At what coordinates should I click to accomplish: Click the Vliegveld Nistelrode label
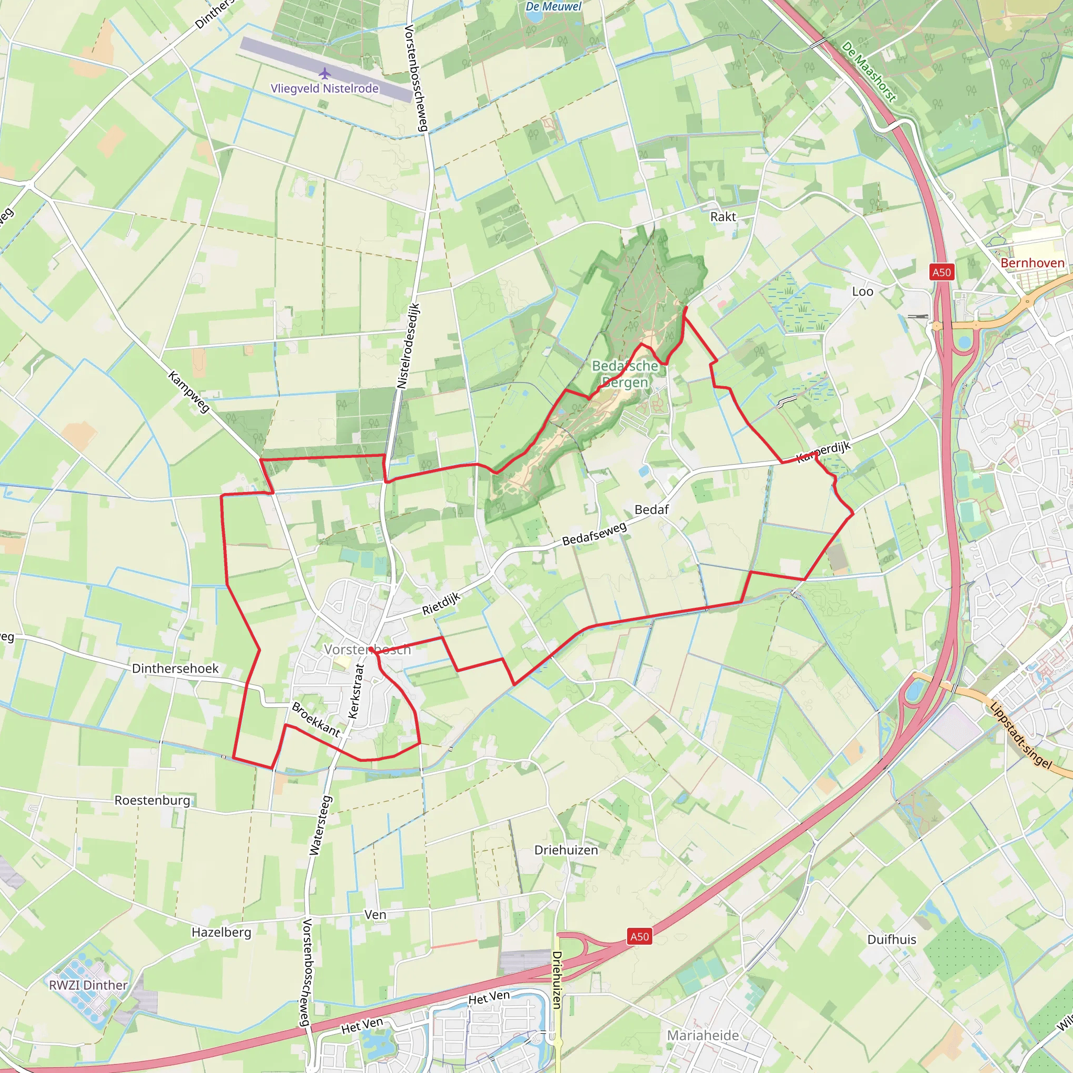pyautogui.click(x=324, y=89)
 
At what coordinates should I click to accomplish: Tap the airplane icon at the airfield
pyautogui.click(x=324, y=73)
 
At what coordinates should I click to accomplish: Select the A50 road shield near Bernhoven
pyautogui.click(x=941, y=272)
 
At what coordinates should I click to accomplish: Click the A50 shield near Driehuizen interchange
pyautogui.click(x=639, y=936)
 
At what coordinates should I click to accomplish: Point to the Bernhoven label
pyautogui.click(x=1032, y=262)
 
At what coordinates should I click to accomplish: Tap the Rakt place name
pyautogui.click(x=722, y=216)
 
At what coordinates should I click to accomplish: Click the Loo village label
pyautogui.click(x=862, y=292)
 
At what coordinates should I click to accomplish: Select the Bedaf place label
pyautogui.click(x=651, y=509)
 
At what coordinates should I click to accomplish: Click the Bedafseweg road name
pyautogui.click(x=594, y=533)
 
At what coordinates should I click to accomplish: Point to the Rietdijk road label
pyautogui.click(x=442, y=603)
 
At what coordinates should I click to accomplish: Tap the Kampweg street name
pyautogui.click(x=189, y=392)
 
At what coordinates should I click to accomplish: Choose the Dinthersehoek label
pyautogui.click(x=175, y=668)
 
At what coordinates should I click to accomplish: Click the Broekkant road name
pyautogui.click(x=315, y=719)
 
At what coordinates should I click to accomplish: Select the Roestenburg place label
pyautogui.click(x=152, y=801)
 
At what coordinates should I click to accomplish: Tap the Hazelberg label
pyautogui.click(x=221, y=932)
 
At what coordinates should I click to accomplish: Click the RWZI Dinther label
pyautogui.click(x=89, y=984)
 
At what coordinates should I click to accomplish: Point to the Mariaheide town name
pyautogui.click(x=703, y=1035)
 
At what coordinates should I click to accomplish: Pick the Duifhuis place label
pyautogui.click(x=891, y=939)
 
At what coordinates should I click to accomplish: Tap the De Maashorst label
pyautogui.click(x=869, y=72)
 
